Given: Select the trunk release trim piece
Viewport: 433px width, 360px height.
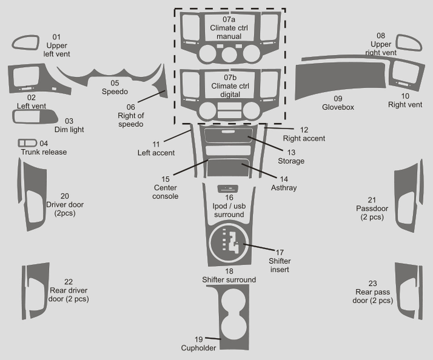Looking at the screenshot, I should (27, 143).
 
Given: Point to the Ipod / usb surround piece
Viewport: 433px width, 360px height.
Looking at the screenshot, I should (228, 189).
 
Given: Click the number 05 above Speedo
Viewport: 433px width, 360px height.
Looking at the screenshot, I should (115, 83).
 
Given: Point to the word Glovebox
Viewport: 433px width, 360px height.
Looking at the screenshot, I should (338, 107).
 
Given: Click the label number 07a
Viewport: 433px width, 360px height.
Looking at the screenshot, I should (229, 19).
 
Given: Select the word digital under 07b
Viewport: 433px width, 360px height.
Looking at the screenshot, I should (230, 95).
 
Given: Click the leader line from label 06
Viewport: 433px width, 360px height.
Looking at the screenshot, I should (151, 96).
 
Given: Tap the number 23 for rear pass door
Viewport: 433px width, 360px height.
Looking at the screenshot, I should (372, 283).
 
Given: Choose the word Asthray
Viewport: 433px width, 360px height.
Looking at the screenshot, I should (284, 188).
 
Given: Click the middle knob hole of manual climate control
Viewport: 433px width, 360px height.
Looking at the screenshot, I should (229, 54).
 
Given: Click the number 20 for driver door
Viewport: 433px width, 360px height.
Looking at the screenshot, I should (65, 196).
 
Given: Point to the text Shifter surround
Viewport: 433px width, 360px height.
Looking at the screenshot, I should (229, 280).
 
